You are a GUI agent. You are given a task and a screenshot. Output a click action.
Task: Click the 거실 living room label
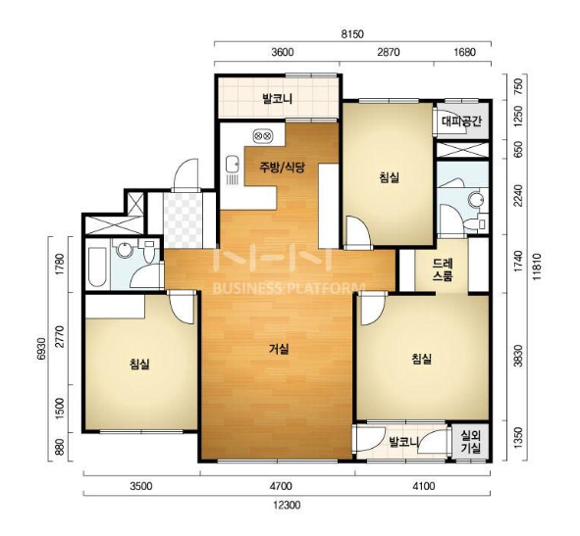tap(279, 349)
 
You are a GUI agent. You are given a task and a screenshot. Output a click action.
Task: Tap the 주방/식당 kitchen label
tap(282, 168)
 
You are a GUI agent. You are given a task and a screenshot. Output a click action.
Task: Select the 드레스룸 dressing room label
tap(443, 270)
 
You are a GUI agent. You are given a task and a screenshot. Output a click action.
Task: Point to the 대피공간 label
tap(461, 122)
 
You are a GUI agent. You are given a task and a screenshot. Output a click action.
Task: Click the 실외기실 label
tap(470, 442)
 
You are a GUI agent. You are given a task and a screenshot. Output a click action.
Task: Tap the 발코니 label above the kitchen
tap(278, 99)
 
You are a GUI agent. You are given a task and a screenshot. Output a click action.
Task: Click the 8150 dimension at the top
tap(352, 34)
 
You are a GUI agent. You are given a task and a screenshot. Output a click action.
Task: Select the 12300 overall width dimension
tap(287, 505)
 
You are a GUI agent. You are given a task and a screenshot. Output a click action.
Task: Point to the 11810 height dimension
tap(537, 267)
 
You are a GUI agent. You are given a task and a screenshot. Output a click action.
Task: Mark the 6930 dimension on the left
tap(41, 348)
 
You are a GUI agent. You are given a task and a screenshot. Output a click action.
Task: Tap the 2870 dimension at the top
tap(389, 52)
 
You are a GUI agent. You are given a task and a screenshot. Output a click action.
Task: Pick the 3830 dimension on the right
tap(519, 356)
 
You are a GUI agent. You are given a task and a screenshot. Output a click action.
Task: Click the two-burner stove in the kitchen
tap(262, 136)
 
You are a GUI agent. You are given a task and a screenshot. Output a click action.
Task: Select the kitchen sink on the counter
tap(232, 165)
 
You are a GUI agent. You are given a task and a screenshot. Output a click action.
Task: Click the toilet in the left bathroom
tap(149, 251)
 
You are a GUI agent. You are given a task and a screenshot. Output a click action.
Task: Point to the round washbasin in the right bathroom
tap(476, 200)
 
